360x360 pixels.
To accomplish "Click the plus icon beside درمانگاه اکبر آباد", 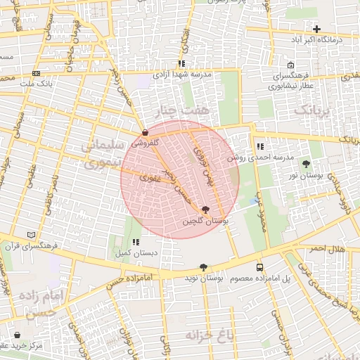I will (317, 30).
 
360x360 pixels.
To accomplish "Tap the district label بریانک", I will (311, 110).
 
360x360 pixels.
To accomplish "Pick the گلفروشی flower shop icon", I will (145, 131).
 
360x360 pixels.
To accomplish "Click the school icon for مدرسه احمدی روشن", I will (260, 147).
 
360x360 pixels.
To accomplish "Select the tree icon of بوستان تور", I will (306, 164).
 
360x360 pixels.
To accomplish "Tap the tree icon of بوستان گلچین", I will (205, 210).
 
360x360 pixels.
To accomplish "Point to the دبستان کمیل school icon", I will (136, 241).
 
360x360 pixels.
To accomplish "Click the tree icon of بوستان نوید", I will (203, 267).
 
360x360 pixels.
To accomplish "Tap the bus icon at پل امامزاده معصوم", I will (260, 268).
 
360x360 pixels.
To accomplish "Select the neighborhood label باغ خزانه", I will (209, 335).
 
